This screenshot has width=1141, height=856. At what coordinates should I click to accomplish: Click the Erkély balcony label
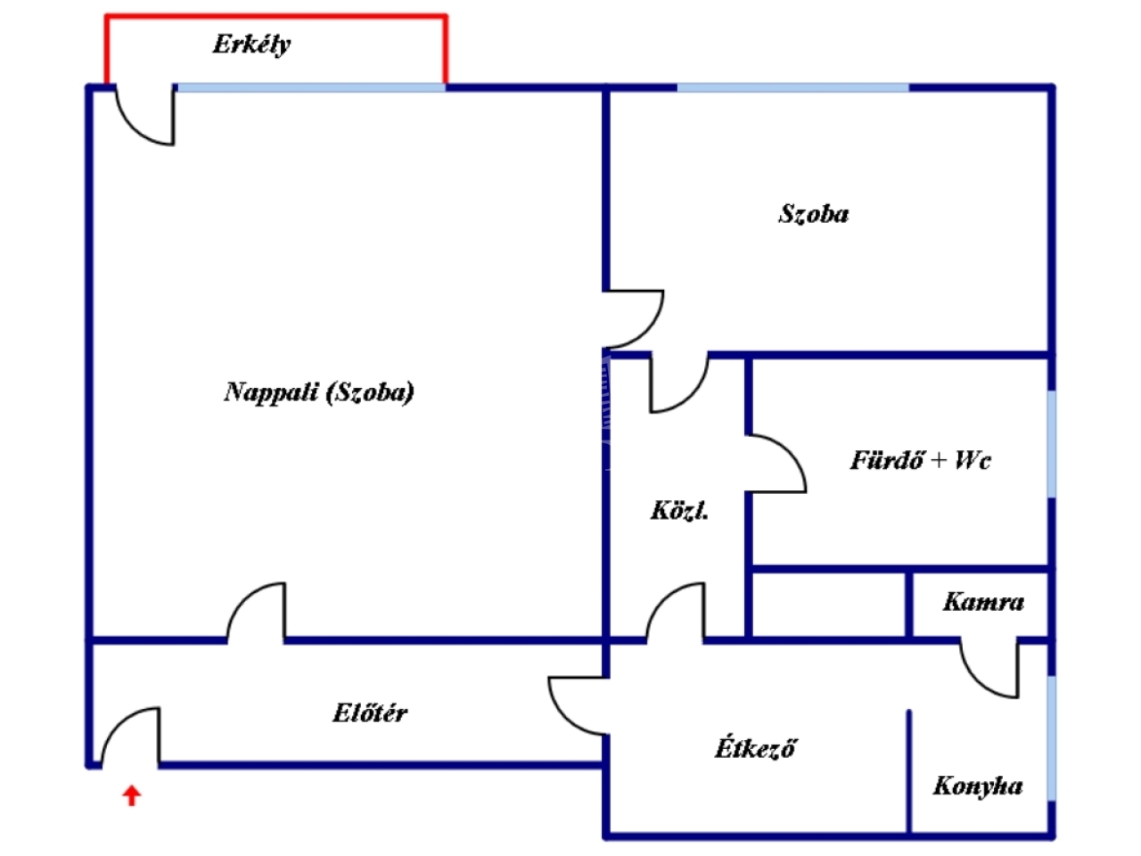(x=251, y=44)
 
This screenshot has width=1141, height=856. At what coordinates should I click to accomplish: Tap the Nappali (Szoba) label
(x=318, y=391)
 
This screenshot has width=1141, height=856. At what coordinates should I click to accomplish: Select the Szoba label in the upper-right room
(x=813, y=213)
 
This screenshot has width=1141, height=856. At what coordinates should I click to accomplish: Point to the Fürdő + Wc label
(x=919, y=460)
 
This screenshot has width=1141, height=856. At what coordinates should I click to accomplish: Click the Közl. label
(x=679, y=511)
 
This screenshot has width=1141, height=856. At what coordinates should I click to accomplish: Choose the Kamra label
(x=982, y=602)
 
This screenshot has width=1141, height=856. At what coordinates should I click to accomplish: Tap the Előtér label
(x=370, y=712)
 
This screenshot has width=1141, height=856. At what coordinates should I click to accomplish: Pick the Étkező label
(x=754, y=747)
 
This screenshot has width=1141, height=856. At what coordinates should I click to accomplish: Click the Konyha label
(x=977, y=786)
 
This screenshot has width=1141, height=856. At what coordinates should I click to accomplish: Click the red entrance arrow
(x=132, y=794)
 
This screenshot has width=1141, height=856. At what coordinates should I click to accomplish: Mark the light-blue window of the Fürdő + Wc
(x=1052, y=443)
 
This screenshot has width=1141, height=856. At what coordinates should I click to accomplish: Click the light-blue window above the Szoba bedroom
(x=793, y=87)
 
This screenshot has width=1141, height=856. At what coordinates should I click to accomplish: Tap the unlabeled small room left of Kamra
(x=828, y=605)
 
